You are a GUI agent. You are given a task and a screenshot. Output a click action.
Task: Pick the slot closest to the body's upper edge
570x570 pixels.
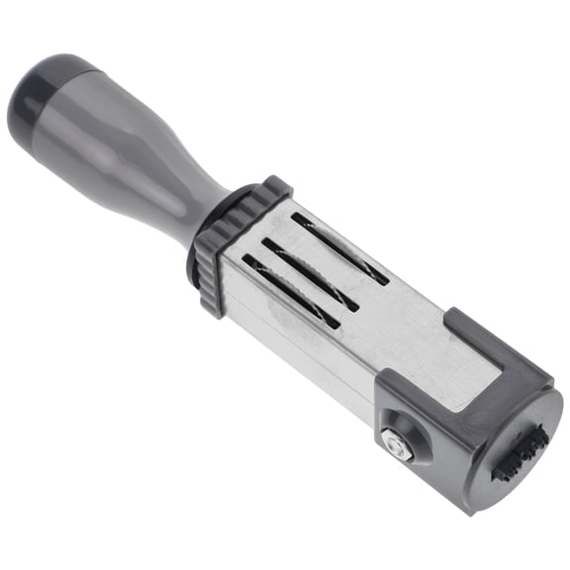coord(340,247)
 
